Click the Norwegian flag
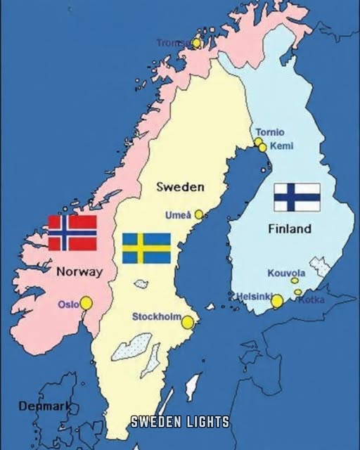72,233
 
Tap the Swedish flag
146,248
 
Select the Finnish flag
297,197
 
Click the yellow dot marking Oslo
86,303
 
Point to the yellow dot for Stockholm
188,322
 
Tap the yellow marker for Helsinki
277,301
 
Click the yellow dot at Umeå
199,214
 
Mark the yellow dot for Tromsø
197,43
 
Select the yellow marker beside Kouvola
295,281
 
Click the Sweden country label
181,187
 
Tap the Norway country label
79,271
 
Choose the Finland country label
290,229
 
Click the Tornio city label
270,132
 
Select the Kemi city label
281,146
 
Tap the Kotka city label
311,300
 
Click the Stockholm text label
157,317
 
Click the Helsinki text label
252,297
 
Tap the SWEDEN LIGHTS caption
180,422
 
